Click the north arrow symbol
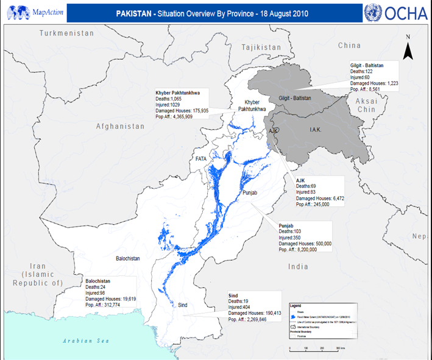pos(408,48)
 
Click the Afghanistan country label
pos(120,126)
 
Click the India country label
pos(299,266)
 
